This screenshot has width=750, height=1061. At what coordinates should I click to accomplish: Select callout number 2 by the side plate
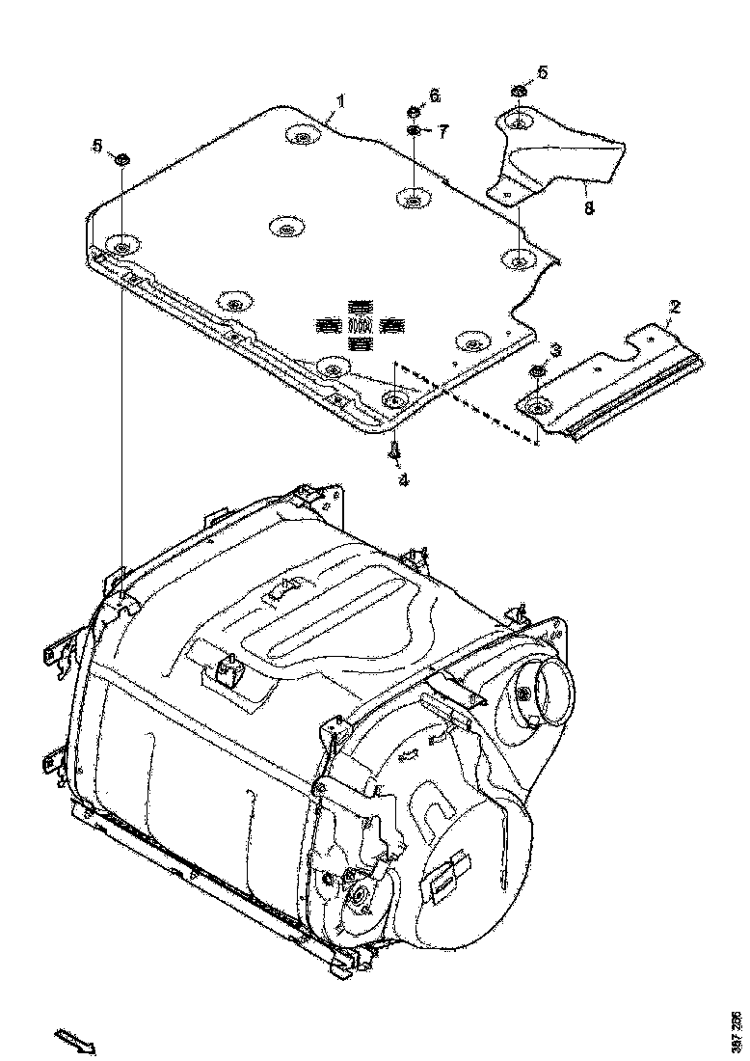(x=675, y=308)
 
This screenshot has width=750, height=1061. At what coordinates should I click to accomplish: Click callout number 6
(x=434, y=95)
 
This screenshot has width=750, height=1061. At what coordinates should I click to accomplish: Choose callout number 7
(x=442, y=131)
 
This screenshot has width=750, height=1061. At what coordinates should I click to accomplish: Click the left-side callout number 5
(x=96, y=145)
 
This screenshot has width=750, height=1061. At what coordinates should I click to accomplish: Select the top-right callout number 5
(x=542, y=71)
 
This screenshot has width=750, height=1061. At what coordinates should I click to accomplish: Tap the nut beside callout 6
(x=412, y=111)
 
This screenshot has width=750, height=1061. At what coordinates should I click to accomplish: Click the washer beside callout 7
(x=413, y=130)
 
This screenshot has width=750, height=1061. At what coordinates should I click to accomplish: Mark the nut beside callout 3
(x=536, y=372)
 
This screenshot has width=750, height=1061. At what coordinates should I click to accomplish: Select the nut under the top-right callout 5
(x=517, y=93)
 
